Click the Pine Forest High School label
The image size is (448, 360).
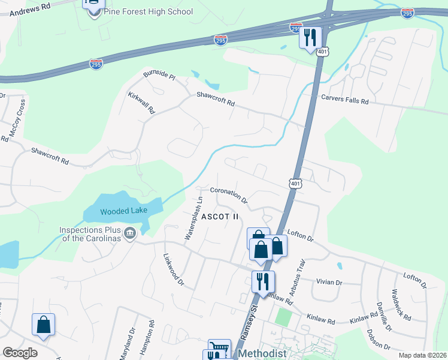(148, 11)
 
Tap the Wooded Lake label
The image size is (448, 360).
(123, 211)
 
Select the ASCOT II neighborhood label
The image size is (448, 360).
(220, 216)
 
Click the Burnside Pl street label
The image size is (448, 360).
(159, 77)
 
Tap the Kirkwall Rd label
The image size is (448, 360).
(142, 103)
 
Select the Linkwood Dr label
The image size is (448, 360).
(172, 268)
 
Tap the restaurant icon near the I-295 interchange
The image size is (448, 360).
(310, 37)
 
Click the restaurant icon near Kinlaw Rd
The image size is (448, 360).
(262, 281)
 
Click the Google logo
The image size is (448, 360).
(20, 353)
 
